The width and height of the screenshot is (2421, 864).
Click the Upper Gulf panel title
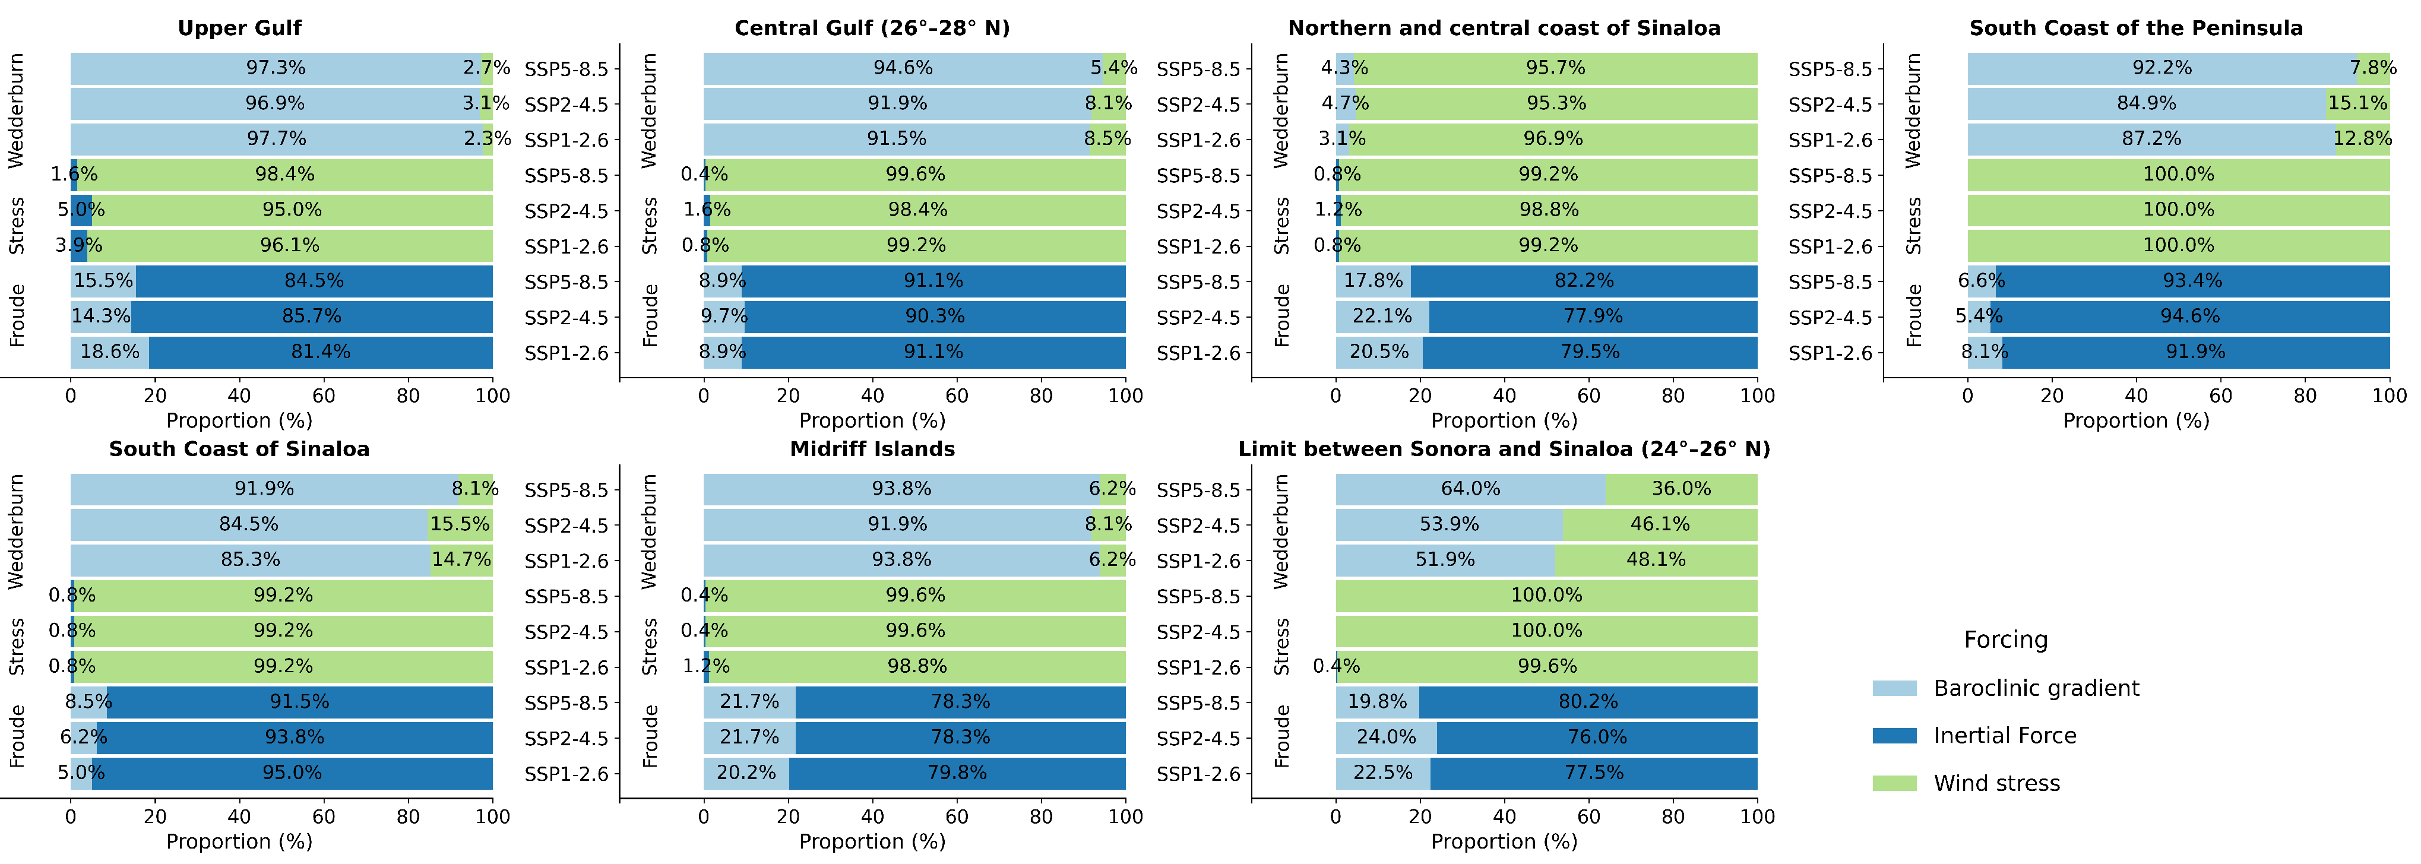(x=240, y=28)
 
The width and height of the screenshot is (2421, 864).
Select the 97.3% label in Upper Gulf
(x=276, y=68)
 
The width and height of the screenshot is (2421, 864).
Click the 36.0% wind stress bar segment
(x=1681, y=489)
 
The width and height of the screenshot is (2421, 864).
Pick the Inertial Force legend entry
(x=2004, y=735)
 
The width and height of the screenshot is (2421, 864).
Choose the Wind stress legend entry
(x=1996, y=783)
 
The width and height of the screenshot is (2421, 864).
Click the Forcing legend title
(x=2005, y=640)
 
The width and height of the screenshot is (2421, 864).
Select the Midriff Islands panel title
(x=872, y=450)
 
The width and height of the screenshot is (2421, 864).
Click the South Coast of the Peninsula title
(x=2135, y=28)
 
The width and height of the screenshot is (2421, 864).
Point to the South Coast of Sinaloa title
(x=240, y=450)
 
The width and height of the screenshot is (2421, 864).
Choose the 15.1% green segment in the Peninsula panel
(x=2357, y=103)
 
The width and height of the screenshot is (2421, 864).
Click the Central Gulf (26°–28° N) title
(x=872, y=28)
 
